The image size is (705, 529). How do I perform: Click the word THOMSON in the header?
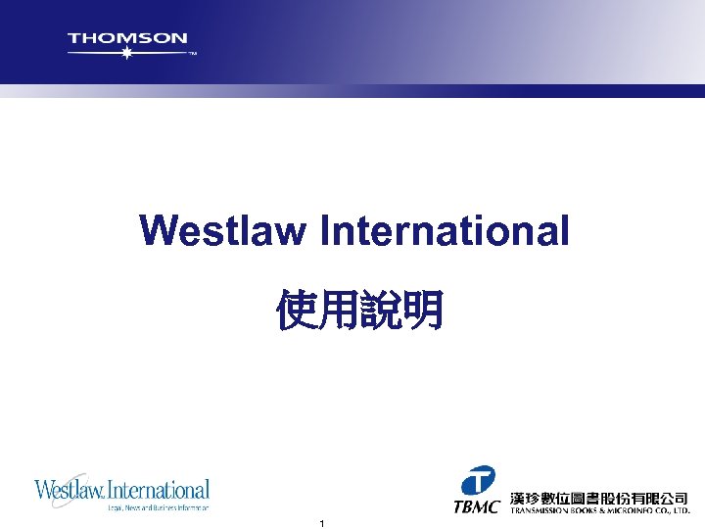tap(127, 38)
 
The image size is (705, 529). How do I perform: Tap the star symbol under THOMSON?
tap(125, 53)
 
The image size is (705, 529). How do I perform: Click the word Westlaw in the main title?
tap(224, 231)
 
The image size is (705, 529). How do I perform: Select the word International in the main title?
tap(445, 231)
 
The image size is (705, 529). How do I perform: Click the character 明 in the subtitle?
tap(422, 309)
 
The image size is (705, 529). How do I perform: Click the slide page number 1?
tap(321, 524)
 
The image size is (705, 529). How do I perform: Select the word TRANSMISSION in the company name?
tap(542, 511)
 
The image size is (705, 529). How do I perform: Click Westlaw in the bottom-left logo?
tap(70, 489)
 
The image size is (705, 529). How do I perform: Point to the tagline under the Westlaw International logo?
tap(158, 507)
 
